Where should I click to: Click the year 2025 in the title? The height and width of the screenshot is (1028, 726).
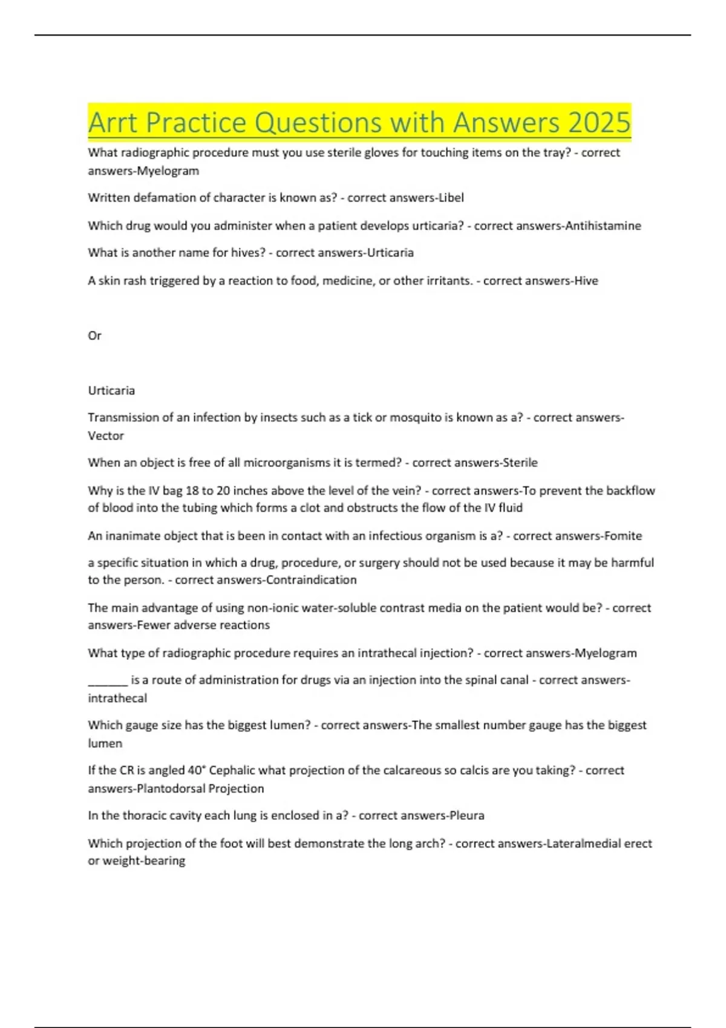pos(599,123)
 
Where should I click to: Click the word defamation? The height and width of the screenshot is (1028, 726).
pos(152,198)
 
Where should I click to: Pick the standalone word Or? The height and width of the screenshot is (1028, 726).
pos(94,336)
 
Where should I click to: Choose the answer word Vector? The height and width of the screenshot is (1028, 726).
pos(106,435)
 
